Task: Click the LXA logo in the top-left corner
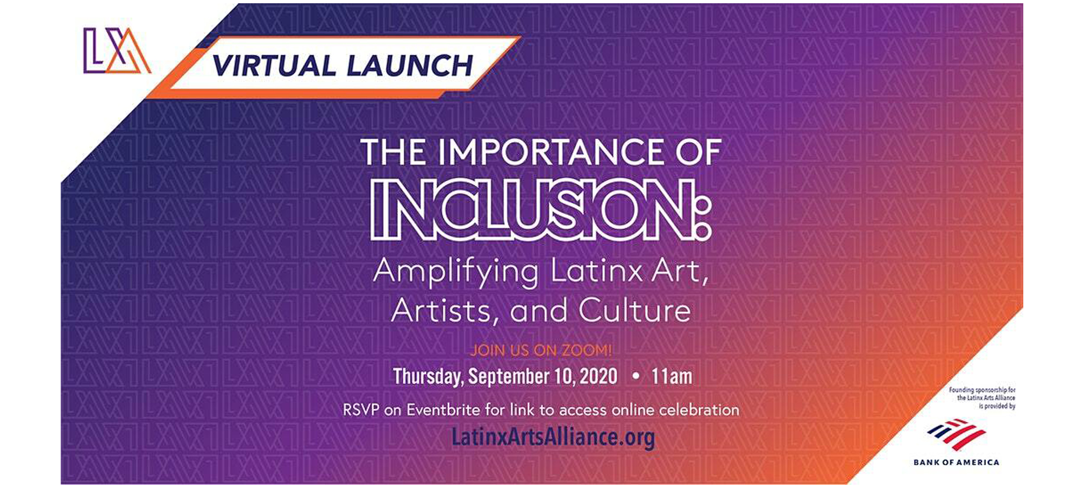click(x=117, y=50)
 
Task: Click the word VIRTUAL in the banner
click(x=274, y=66)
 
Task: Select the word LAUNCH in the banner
click(x=410, y=66)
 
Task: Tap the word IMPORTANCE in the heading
click(x=550, y=152)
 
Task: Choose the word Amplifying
click(x=456, y=272)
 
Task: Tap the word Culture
click(x=635, y=311)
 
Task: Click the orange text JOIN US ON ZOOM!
click(x=541, y=350)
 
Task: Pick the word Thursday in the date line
click(x=428, y=376)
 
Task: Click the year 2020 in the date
click(x=599, y=376)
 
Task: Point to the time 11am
click(x=672, y=376)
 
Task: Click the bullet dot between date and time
click(x=636, y=376)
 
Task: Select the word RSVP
click(x=361, y=410)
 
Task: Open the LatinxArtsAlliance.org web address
click(x=553, y=437)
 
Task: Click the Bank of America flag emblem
click(x=957, y=434)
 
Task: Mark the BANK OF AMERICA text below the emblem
click(x=957, y=463)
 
